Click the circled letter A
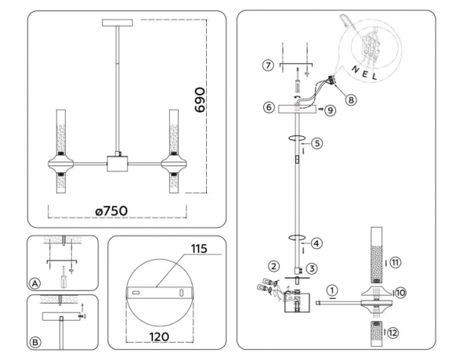coord(34,283)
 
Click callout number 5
coord(317,143)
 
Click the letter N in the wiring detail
coord(356,68)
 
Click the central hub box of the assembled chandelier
coord(119,165)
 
